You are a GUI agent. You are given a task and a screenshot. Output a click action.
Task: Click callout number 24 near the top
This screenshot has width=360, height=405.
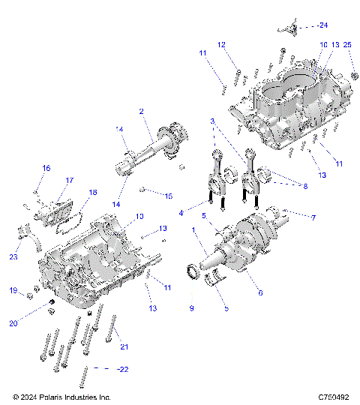(323, 25)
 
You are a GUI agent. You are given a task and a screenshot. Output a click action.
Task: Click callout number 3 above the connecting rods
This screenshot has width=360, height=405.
(213, 121)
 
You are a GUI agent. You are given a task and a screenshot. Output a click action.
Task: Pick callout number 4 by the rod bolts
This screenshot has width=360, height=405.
(181, 213)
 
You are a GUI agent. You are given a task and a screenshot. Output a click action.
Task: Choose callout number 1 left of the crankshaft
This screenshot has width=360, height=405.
(193, 229)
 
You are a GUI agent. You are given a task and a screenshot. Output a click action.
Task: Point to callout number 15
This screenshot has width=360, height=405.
(169, 196)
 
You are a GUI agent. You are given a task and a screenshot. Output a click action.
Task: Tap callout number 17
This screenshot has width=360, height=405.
(69, 181)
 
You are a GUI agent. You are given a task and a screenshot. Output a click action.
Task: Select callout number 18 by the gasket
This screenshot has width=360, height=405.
(93, 193)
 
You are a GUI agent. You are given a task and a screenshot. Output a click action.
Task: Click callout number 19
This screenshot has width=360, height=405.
(13, 289)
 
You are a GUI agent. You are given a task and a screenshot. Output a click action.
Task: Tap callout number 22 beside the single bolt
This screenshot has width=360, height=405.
(124, 369)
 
